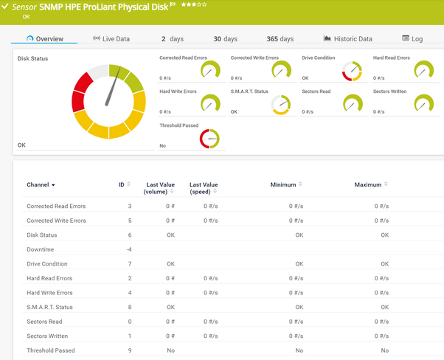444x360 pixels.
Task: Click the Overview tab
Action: [45, 38]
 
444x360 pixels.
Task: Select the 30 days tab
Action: [225, 38]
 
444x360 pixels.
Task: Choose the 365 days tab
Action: [280, 38]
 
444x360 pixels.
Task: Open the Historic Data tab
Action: [348, 38]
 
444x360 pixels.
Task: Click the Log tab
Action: [412, 38]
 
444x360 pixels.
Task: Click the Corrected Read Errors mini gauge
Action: [210, 71]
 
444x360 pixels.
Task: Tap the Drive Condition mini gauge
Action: [352, 71]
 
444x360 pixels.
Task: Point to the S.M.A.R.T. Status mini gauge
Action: [281, 105]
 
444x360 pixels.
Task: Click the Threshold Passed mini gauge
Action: [210, 139]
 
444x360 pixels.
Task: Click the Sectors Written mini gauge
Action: [423, 105]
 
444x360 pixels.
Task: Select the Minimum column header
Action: [282, 184]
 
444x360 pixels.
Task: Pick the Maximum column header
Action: [368, 184]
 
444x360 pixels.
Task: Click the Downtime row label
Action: [41, 249]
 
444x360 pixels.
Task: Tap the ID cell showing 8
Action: [130, 307]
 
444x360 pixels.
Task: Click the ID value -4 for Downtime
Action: [129, 249]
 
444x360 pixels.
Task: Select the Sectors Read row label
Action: [44, 322]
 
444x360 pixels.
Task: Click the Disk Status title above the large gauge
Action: [33, 58]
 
